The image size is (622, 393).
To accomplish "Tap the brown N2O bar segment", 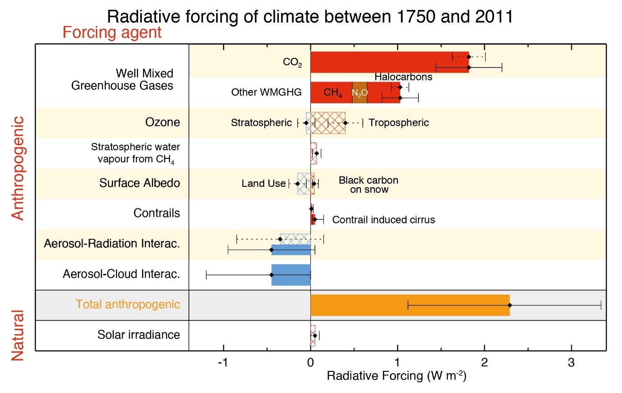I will [359, 92].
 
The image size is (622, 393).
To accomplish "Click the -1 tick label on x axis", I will [223, 363].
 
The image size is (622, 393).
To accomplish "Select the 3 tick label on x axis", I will [571, 363].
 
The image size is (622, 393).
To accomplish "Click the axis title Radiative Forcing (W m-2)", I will [396, 376].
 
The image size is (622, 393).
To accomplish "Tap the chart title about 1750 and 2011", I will [310, 17].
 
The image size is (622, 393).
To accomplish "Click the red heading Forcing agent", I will [112, 32].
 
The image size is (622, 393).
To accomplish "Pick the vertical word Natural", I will [17, 335].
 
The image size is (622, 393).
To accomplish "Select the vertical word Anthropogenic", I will [17, 168].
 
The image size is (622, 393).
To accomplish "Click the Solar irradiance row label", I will [138, 335].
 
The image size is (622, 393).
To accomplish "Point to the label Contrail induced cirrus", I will [383, 220].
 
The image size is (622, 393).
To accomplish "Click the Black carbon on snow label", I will [369, 185].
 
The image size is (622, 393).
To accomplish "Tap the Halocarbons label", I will [403, 77].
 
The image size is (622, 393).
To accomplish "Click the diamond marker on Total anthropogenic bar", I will [510, 305].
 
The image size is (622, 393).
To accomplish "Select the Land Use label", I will [263, 183].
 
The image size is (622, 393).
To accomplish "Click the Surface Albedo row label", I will [139, 183].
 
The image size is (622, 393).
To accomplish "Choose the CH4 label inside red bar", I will [332, 92].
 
